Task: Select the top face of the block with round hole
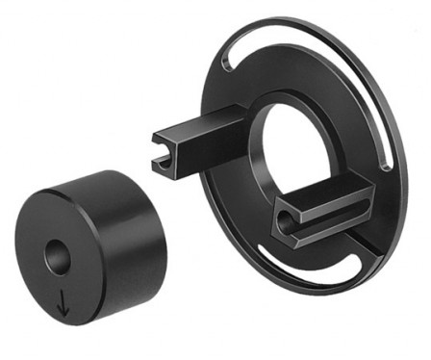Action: [x=322, y=191]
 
